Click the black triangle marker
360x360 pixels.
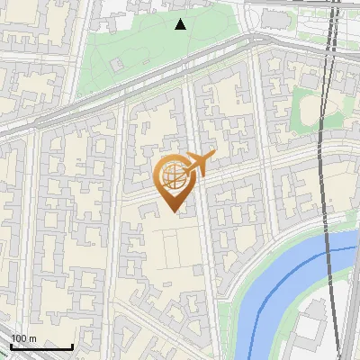click(181, 24)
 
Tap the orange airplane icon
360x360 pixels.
click(196, 164)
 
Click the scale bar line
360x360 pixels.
click(41, 347)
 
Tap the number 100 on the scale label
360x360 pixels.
click(18, 338)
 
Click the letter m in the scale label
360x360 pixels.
click(32, 338)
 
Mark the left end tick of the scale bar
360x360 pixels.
click(11, 346)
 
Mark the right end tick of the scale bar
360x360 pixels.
click(72, 346)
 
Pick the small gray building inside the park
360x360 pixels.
click(117, 65)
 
